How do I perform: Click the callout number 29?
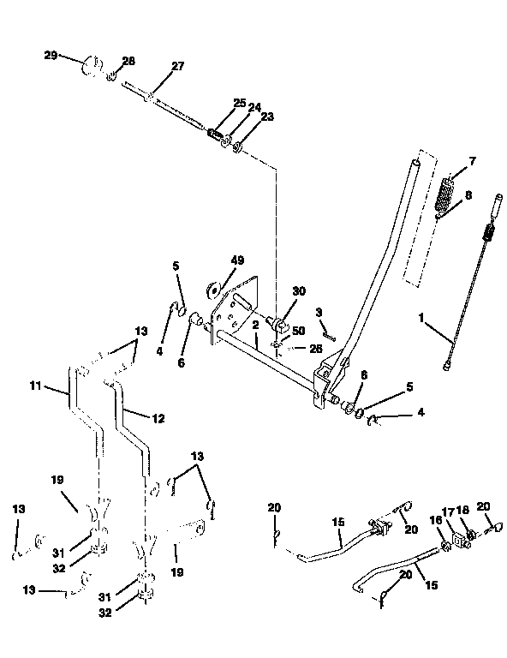coord(51,55)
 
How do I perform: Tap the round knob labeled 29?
coord(91,66)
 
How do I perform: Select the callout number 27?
coord(177,67)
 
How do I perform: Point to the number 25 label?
coord(240,103)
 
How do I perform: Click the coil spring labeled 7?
coord(445,195)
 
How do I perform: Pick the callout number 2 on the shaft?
coord(256,326)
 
